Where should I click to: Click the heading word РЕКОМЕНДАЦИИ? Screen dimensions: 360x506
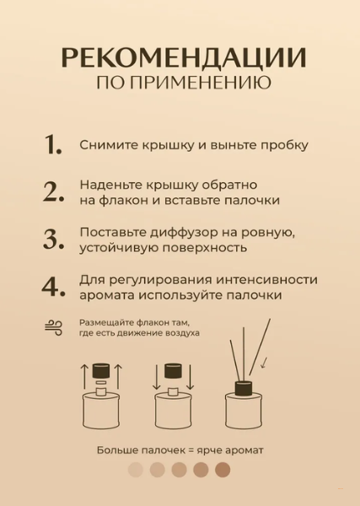click(x=184, y=59)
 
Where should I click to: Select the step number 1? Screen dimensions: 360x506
click(x=53, y=144)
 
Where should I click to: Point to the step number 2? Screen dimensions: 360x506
click(x=54, y=192)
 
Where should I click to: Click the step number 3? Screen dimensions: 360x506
click(x=54, y=240)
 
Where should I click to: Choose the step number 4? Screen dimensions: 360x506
click(x=54, y=286)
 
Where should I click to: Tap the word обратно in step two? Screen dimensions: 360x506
click(x=229, y=185)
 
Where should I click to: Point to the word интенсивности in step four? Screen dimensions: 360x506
click(x=266, y=279)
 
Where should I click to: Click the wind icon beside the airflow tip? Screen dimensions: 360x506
click(x=54, y=327)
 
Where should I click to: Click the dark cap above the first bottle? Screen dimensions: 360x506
click(x=101, y=371)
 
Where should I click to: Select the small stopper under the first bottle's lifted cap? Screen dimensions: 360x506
click(x=101, y=383)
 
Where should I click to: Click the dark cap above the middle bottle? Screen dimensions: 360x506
click(x=173, y=371)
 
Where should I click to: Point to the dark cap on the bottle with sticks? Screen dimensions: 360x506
click(x=243, y=389)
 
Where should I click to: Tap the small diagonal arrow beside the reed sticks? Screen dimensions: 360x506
click(x=265, y=363)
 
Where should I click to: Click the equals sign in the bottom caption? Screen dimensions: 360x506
click(x=191, y=450)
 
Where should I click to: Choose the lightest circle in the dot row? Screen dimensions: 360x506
click(x=136, y=470)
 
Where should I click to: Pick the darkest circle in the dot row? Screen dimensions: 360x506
click(x=223, y=470)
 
